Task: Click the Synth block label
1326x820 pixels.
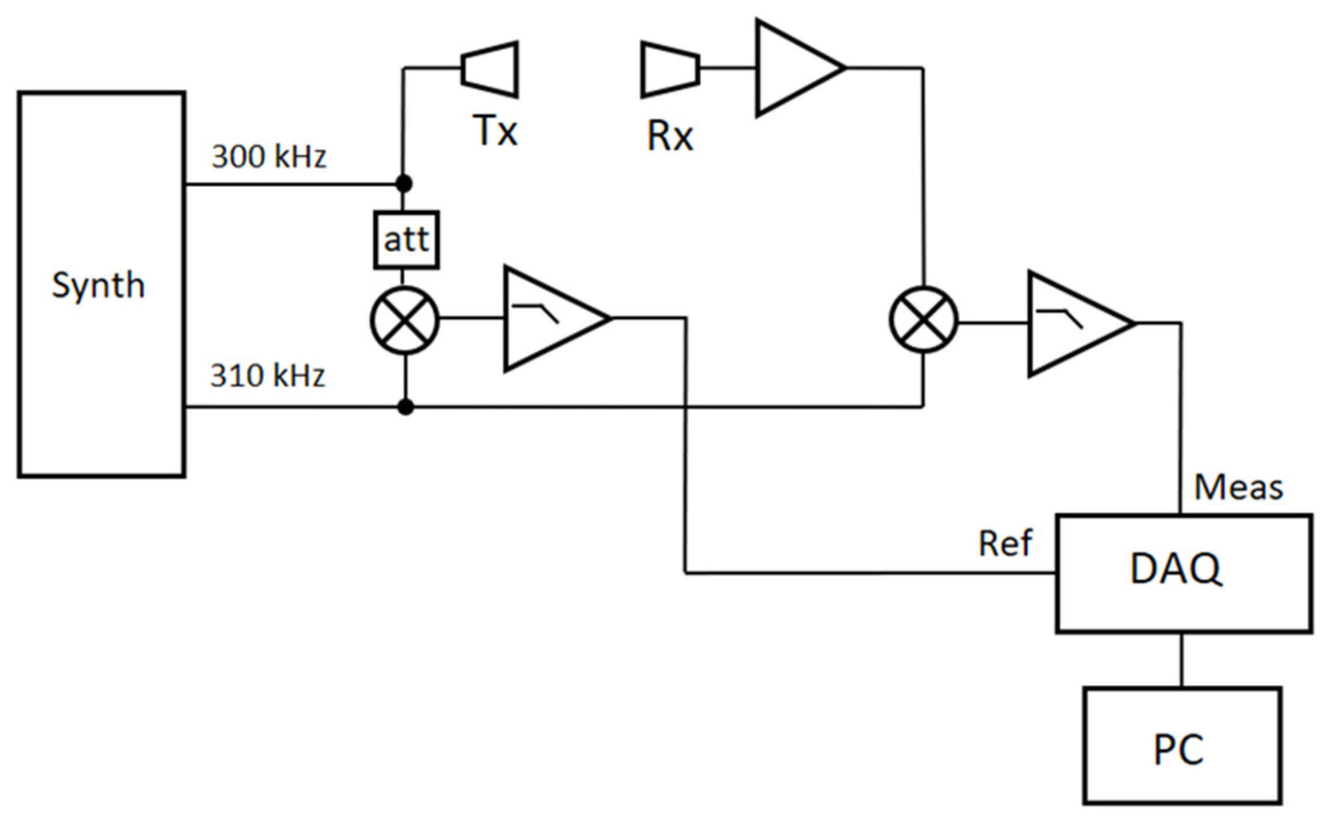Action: [x=98, y=285]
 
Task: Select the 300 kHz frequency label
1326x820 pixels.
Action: [x=269, y=156]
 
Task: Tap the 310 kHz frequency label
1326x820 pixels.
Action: [x=267, y=375]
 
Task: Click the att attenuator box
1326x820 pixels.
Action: [x=406, y=239]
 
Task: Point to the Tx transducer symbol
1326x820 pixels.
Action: [x=490, y=69]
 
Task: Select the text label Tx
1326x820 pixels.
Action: [x=495, y=131]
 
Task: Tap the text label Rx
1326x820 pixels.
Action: [x=670, y=137]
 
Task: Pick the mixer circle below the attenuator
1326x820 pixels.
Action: [x=405, y=320]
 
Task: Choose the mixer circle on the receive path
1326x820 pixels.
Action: [x=923, y=319]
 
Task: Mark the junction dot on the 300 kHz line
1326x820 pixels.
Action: [x=404, y=184]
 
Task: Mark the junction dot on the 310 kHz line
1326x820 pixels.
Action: [x=405, y=407]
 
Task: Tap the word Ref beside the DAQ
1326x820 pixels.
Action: [x=1005, y=543]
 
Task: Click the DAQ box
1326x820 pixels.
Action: [x=1183, y=573]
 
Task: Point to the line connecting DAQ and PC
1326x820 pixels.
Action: [x=1181, y=659]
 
